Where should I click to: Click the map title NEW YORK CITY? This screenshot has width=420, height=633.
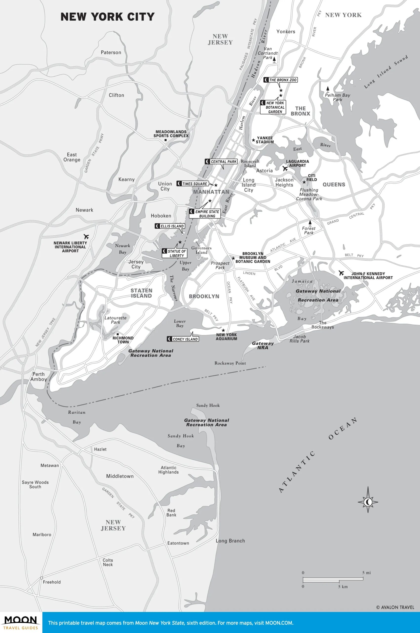(107, 17)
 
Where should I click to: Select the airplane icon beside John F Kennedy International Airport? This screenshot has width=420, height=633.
(341, 273)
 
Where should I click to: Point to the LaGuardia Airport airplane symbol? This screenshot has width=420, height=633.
(285, 169)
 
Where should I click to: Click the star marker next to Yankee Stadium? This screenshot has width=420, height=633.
(253, 140)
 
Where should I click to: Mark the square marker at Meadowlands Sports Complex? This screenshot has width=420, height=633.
(166, 140)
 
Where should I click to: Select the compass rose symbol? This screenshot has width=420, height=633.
(368, 501)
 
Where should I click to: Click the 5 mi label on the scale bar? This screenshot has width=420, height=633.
(366, 573)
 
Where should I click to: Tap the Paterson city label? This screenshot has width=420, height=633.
(111, 53)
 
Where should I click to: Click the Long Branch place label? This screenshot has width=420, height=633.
(230, 541)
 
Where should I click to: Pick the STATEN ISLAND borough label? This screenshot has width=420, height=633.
(141, 293)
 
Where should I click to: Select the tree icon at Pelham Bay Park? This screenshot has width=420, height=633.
(327, 89)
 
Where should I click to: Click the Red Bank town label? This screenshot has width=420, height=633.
(172, 513)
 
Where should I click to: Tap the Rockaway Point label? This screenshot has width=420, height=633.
(230, 363)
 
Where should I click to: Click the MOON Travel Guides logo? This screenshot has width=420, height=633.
(21, 622)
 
